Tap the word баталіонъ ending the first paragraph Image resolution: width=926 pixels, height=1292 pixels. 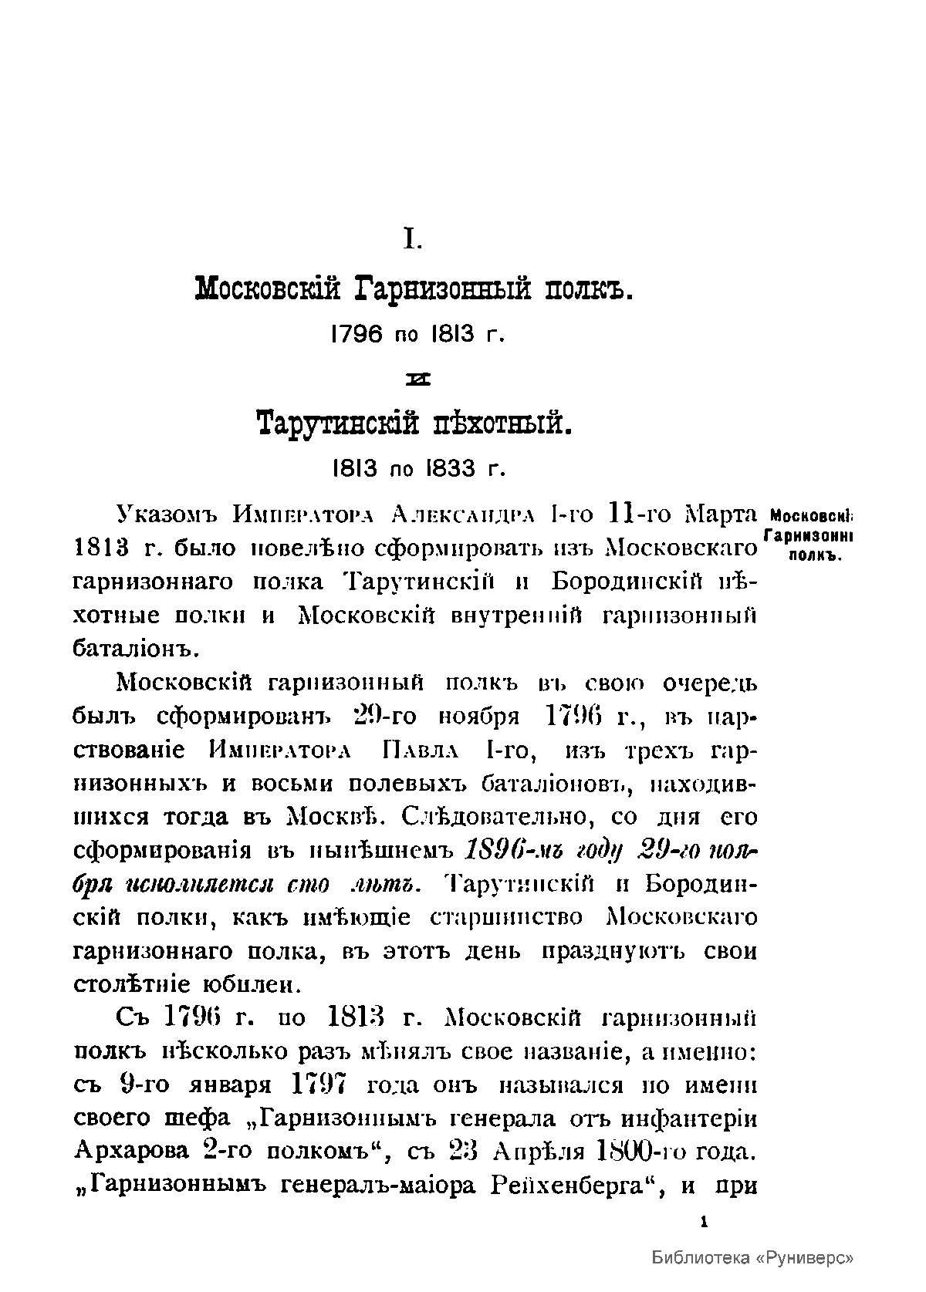136,649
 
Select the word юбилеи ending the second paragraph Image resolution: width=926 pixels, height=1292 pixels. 248,985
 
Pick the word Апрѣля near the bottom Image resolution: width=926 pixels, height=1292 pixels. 541,1151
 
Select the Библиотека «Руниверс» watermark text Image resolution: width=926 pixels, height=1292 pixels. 752,1257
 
